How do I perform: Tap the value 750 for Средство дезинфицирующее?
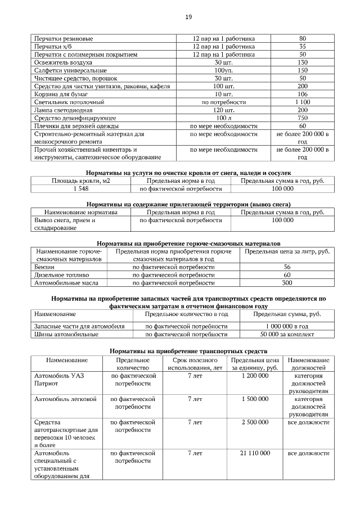point(302,118)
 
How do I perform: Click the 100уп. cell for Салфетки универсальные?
point(223,70)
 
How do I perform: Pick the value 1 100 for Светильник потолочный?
point(302,102)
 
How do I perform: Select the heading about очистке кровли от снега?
point(188,173)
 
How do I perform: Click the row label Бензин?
point(44,267)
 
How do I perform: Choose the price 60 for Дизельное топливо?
point(287,274)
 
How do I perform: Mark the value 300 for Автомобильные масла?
point(287,283)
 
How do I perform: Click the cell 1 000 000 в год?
point(287,326)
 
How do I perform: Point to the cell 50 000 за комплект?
point(287,334)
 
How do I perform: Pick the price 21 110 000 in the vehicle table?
point(254,453)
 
